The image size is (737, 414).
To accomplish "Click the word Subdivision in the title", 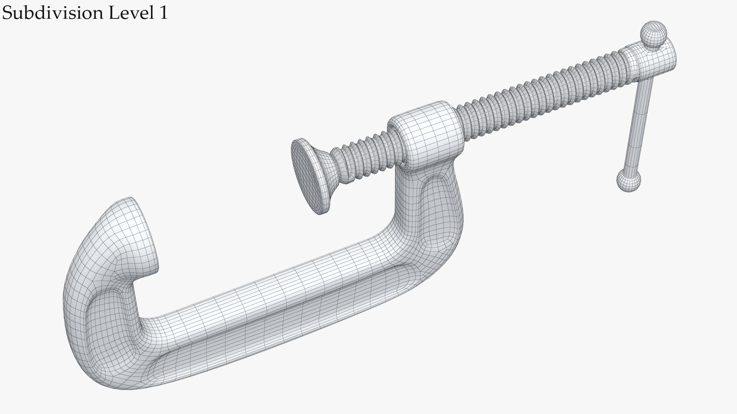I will pyautogui.click(x=53, y=13).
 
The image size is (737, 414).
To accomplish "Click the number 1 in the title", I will pyautogui.click(x=163, y=13).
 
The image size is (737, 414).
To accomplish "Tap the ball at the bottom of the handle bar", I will pyautogui.click(x=629, y=181).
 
